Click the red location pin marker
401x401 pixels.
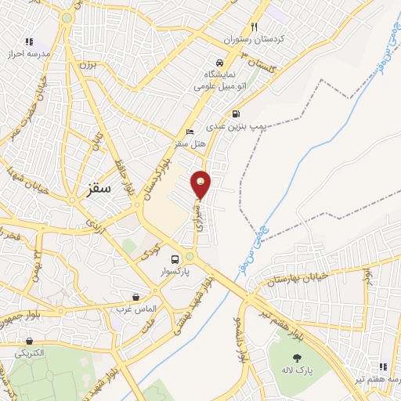pyautogui.click(x=200, y=184)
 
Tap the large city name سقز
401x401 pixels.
pyautogui.click(x=100, y=189)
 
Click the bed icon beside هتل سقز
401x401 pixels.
pyautogui.click(x=188, y=132)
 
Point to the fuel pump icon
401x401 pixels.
pyautogui.click(x=237, y=113)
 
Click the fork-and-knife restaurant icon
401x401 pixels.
pyautogui.click(x=254, y=26)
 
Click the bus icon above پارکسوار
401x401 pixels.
pyautogui.click(x=175, y=259)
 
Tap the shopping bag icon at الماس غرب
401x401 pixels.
pyautogui.click(x=136, y=297)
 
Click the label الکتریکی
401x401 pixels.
pyautogui.click(x=30, y=353)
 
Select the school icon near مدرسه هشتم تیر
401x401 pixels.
pyautogui.click(x=384, y=366)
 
